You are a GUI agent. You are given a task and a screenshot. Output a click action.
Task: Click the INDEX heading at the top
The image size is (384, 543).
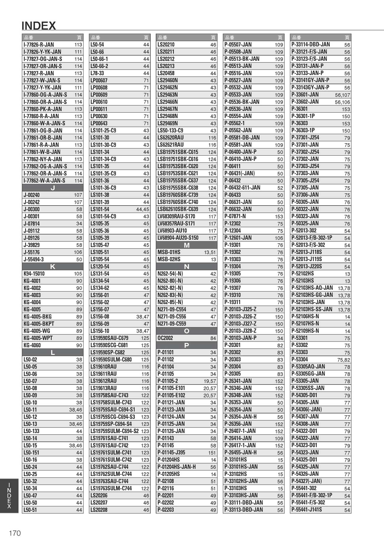click(39, 26)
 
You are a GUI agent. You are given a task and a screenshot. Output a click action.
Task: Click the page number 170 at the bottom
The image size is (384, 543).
click(15, 533)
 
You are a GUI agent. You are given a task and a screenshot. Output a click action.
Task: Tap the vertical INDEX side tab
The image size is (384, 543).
click(9, 496)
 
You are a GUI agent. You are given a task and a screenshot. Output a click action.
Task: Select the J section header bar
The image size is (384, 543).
click(52, 188)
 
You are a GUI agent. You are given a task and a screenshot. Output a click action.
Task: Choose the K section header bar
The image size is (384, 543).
click(52, 266)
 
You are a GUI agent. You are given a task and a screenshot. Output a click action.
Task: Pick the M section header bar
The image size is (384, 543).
click(186, 245)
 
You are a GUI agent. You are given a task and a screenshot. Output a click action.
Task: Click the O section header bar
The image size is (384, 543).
click(186, 331)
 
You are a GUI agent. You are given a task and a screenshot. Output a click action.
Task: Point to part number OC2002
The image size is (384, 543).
click(165, 338)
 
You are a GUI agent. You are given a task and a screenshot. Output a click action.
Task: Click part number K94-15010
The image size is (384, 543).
click(34, 274)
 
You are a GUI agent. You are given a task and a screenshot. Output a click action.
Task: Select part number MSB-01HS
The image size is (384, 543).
click(169, 252)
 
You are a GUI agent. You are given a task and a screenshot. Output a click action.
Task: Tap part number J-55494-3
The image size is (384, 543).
click(34, 259)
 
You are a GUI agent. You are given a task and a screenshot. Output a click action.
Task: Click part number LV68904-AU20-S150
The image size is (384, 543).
click(178, 238)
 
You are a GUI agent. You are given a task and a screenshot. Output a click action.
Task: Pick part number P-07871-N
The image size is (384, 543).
click(235, 216)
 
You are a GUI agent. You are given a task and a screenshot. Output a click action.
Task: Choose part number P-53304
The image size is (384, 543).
click(299, 359)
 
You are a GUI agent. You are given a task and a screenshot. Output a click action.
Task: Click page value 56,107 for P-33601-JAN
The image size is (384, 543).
click(342, 95)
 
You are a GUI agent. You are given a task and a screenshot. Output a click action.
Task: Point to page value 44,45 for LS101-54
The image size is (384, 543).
click(142, 209)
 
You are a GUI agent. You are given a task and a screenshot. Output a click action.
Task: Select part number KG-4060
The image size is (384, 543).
click(32, 345)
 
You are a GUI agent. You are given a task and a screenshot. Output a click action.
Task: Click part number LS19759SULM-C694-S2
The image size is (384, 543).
click(114, 431)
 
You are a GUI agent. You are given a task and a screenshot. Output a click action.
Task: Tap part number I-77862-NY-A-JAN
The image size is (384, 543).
click(43, 159)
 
